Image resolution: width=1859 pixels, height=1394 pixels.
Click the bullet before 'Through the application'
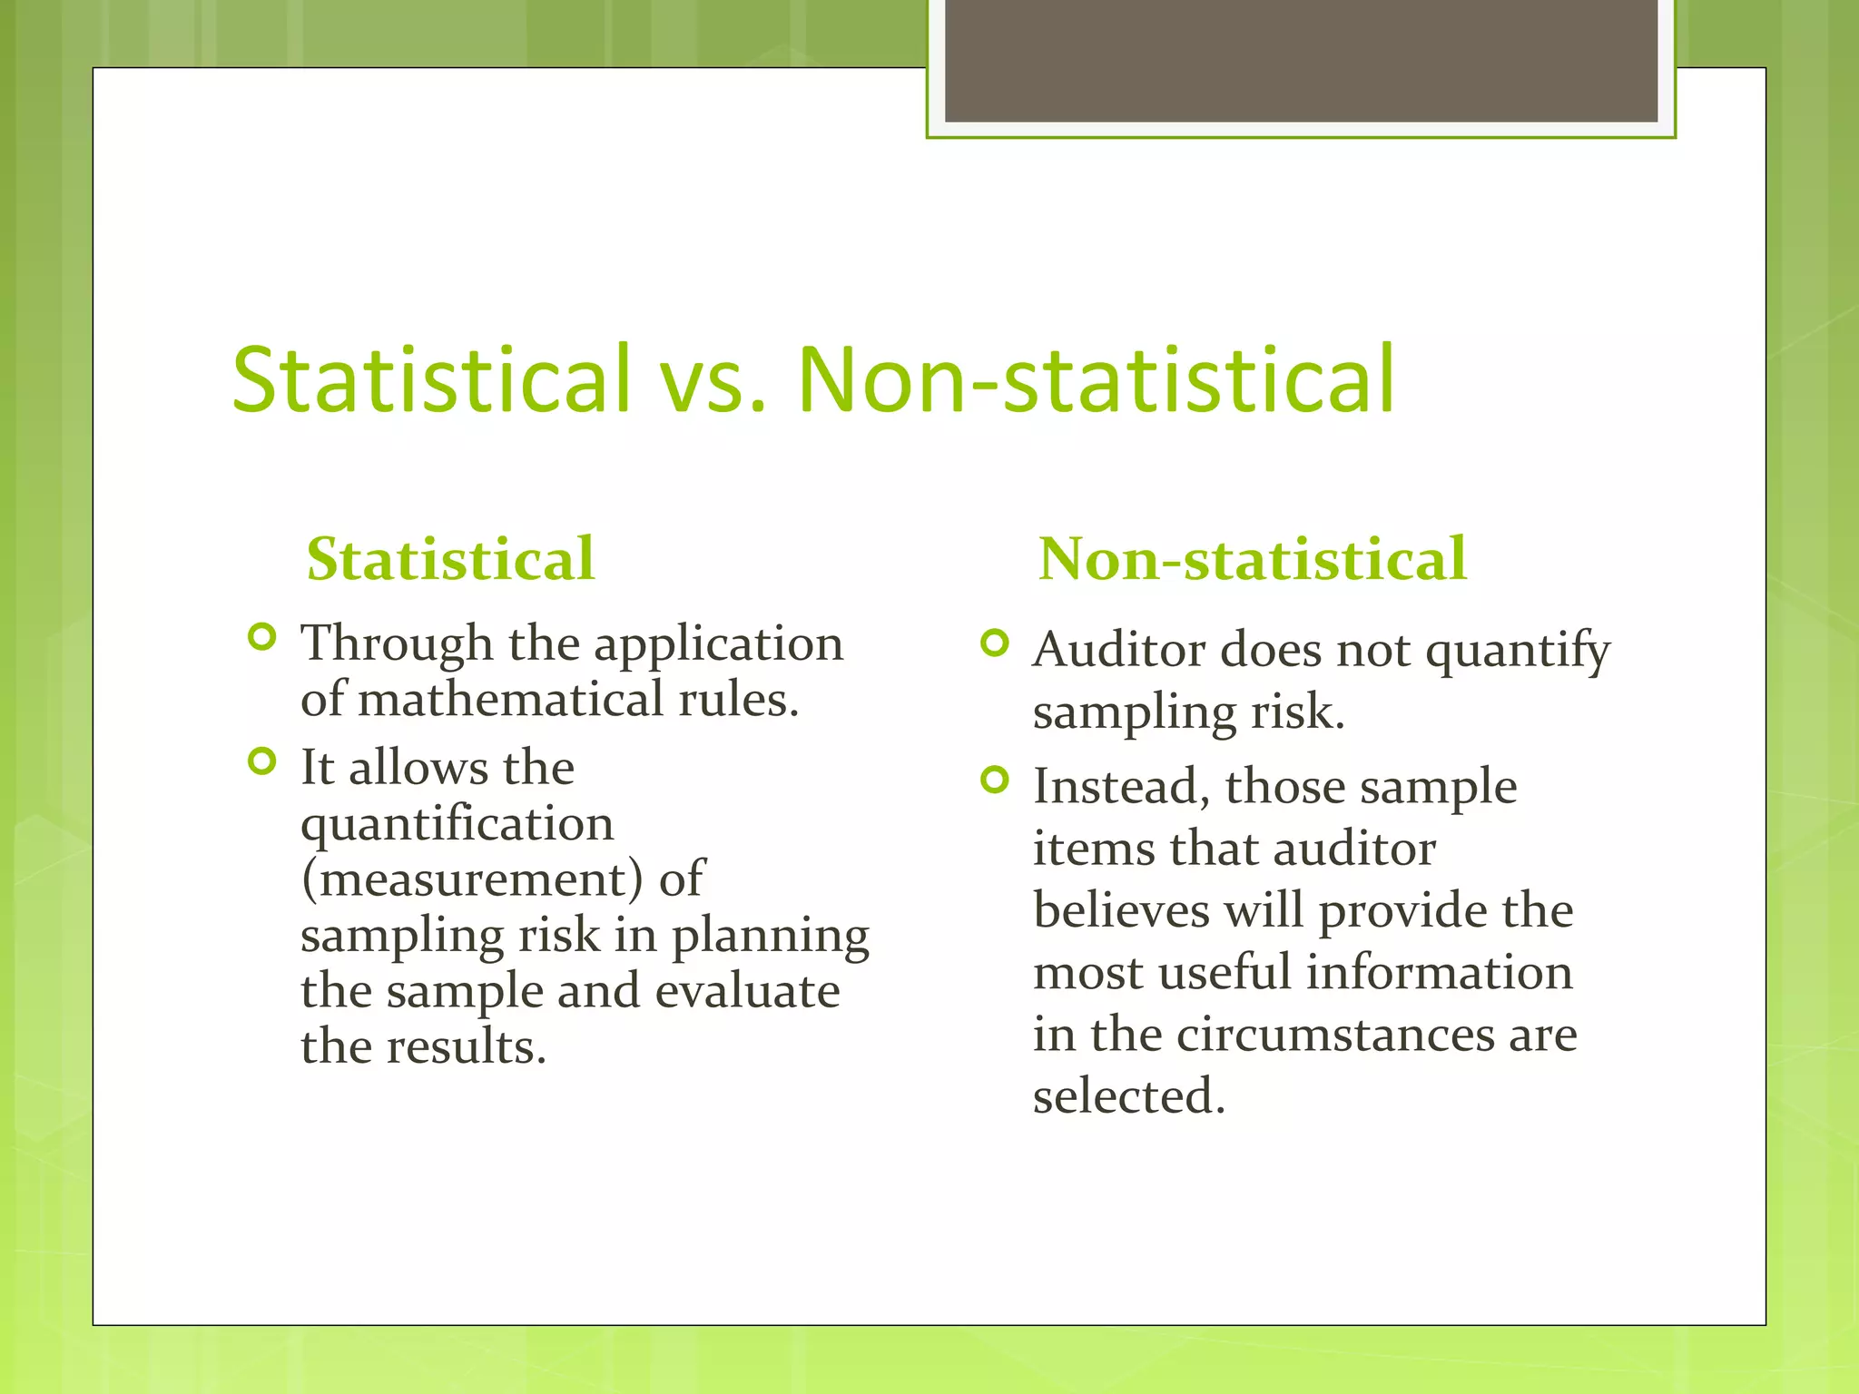pyautogui.click(x=261, y=637)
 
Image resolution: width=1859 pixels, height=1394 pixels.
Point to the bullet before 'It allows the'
pyautogui.click(x=261, y=761)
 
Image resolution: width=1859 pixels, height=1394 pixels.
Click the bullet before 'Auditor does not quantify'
pyautogui.click(x=995, y=643)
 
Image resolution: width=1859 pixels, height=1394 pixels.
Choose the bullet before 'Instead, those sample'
pyautogui.click(x=995, y=780)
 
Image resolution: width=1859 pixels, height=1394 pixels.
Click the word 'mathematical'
pyautogui.click(x=510, y=700)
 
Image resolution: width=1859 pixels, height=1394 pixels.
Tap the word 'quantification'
pyautogui.click(x=457, y=823)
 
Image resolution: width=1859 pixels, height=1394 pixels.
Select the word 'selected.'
pyautogui.click(x=1129, y=1095)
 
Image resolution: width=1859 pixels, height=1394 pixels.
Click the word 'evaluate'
pyautogui.click(x=747, y=990)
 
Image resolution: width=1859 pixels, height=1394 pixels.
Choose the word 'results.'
pyautogui.click(x=467, y=1046)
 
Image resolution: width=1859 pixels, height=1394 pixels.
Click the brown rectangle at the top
pyautogui.click(x=1301, y=60)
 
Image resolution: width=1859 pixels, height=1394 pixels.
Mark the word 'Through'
pyautogui.click(x=397, y=644)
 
